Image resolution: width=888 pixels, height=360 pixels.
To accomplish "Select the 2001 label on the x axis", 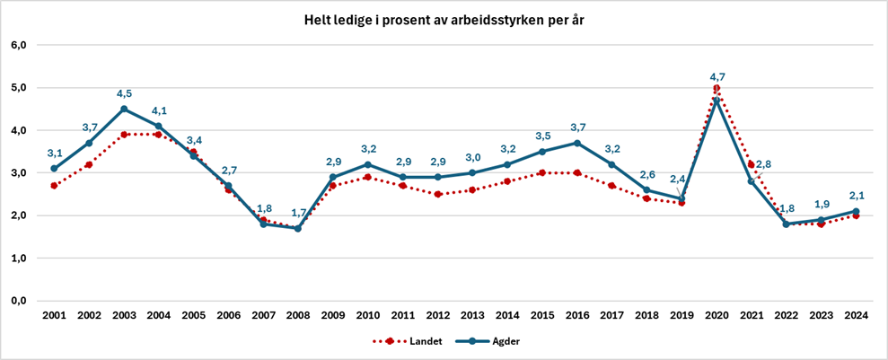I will click(x=54, y=316).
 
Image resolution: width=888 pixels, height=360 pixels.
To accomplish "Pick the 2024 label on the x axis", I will click(x=856, y=316).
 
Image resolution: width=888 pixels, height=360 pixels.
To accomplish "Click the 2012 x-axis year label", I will click(x=437, y=316).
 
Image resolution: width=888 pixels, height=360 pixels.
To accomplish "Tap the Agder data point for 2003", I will click(x=124, y=109).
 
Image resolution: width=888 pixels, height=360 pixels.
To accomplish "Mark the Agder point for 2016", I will click(x=576, y=143).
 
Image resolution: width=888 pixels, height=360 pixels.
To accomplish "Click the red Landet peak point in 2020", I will click(x=717, y=88).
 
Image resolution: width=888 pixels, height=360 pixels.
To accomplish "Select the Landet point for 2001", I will click(x=54, y=186).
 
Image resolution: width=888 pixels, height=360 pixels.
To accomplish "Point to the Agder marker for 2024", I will click(x=856, y=211).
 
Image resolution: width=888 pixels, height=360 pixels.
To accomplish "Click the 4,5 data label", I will click(x=124, y=92).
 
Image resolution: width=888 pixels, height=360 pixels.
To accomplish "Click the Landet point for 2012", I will click(x=437, y=194).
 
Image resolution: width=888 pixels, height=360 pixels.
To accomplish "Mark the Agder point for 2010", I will click(x=367, y=164).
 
